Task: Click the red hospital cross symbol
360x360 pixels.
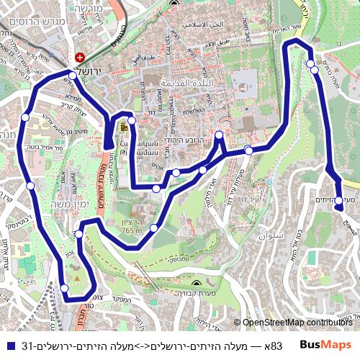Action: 79,56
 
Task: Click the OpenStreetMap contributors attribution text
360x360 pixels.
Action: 298,323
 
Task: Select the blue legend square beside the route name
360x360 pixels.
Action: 9,346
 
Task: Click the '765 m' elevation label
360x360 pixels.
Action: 132,230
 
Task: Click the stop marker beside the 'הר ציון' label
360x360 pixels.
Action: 153,228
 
